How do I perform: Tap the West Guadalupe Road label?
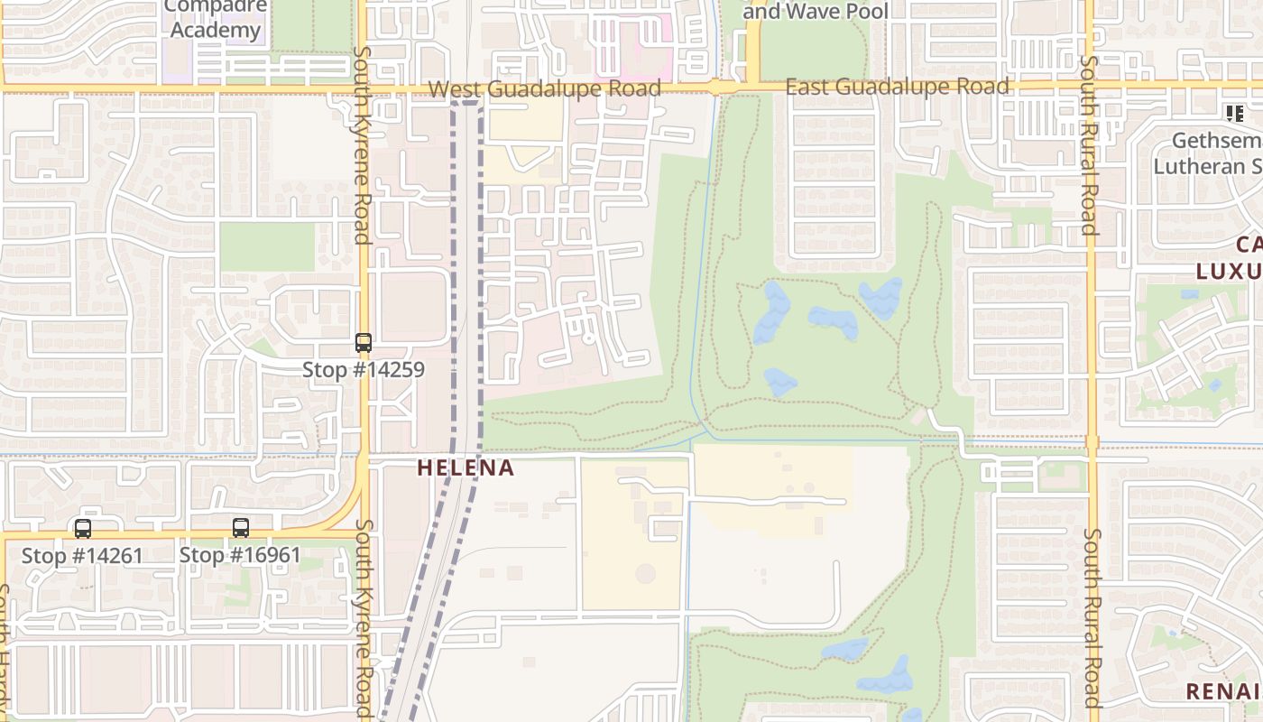(x=544, y=88)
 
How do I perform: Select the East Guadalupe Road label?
(x=897, y=87)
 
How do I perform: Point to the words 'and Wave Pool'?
(x=816, y=12)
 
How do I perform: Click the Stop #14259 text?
(x=363, y=369)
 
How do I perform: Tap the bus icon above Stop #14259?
(x=364, y=343)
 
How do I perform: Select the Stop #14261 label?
(x=82, y=555)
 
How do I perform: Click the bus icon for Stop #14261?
(x=83, y=529)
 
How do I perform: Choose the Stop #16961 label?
(x=240, y=554)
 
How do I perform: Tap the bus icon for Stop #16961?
(x=241, y=528)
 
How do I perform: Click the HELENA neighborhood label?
(x=466, y=467)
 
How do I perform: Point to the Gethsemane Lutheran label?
(x=1209, y=154)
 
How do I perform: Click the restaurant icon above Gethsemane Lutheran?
(x=1234, y=114)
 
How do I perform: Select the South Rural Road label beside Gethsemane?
(x=1090, y=144)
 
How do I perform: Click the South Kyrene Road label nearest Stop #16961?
(x=364, y=618)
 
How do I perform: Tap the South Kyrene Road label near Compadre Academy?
(x=363, y=144)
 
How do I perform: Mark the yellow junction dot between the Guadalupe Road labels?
(x=715, y=88)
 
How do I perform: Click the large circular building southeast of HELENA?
(x=646, y=574)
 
